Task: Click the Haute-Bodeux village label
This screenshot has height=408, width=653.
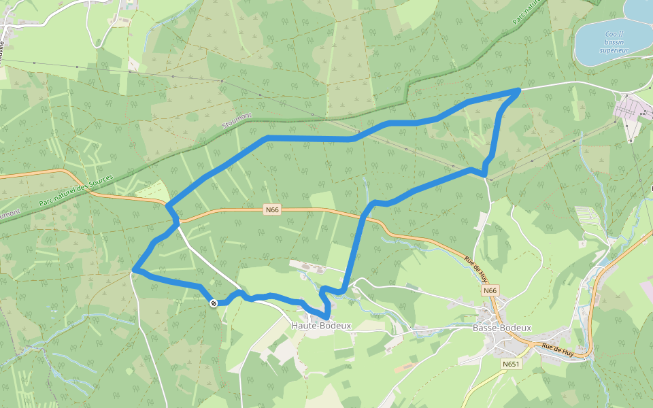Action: coord(321,326)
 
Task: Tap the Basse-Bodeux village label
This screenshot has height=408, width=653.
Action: coord(501,328)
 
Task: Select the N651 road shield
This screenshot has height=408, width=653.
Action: coord(511,364)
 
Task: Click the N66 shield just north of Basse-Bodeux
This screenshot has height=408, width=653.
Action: coord(491,290)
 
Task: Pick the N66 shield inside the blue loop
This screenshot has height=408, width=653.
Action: coord(272,210)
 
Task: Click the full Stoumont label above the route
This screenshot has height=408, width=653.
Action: coord(237,120)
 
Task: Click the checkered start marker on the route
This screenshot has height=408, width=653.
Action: coord(214,303)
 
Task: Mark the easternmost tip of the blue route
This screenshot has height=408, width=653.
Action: coord(520,90)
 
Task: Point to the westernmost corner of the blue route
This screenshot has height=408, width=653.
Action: coord(134,271)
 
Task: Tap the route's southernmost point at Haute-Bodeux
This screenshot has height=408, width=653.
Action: coord(327,318)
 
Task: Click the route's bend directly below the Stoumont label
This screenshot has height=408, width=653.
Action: coord(269,138)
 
